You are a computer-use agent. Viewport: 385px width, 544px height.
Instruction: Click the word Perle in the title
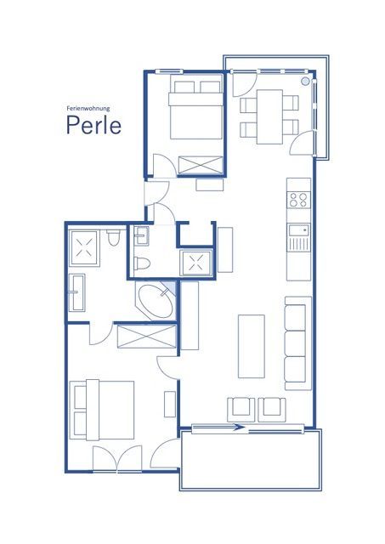pos(93,125)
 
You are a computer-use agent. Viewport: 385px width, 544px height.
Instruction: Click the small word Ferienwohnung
pos(88,108)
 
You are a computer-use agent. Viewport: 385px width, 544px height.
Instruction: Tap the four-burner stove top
pos(298,200)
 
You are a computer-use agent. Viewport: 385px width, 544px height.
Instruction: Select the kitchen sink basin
pos(298,229)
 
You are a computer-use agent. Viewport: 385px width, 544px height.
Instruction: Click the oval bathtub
pos(156,301)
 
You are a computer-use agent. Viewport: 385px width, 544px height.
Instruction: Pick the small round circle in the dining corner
pos(305,82)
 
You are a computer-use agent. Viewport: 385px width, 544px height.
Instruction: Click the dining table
pos(269,116)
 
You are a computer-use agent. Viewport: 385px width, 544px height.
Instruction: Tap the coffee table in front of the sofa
pos(251,346)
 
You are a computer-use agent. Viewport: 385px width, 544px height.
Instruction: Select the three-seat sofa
pos(297,343)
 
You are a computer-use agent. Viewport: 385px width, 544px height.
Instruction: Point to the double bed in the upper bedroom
pos(195,110)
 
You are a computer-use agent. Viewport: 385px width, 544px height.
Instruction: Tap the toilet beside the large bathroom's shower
pos(113,237)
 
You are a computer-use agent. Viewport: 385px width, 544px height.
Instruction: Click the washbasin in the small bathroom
pos(142,235)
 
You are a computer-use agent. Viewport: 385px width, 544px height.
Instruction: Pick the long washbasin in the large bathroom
pos(77,292)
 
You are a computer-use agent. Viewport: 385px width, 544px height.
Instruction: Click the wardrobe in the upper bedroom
pos(201,165)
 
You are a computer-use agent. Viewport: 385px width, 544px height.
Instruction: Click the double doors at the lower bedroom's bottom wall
pos(117,458)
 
